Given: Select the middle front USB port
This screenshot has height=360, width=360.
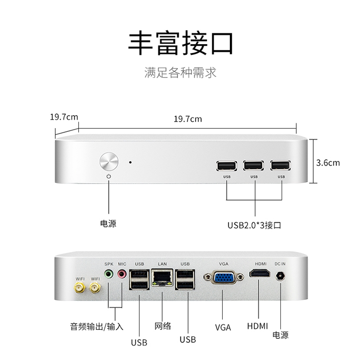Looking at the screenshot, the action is tap(253, 166).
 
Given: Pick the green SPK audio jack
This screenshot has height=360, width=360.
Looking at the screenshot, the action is tap(108, 273).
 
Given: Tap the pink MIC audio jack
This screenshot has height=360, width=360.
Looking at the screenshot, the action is tap(121, 273).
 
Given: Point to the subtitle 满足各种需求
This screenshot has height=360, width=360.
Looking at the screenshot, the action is tap(180, 72).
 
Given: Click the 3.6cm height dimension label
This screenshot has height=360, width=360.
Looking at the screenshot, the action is tap(328, 163).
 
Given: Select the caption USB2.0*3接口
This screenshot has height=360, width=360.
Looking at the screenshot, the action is tap(255, 225).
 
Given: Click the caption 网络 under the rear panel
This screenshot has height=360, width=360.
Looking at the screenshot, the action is tap(162, 326).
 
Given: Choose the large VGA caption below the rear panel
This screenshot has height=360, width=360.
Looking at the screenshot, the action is tap(223, 328).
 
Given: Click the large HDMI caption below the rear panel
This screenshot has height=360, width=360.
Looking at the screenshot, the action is tap(258, 326).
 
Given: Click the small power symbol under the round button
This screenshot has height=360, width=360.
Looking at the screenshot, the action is tap(109, 177).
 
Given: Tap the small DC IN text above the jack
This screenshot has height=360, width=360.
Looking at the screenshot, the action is tap(281, 263).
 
